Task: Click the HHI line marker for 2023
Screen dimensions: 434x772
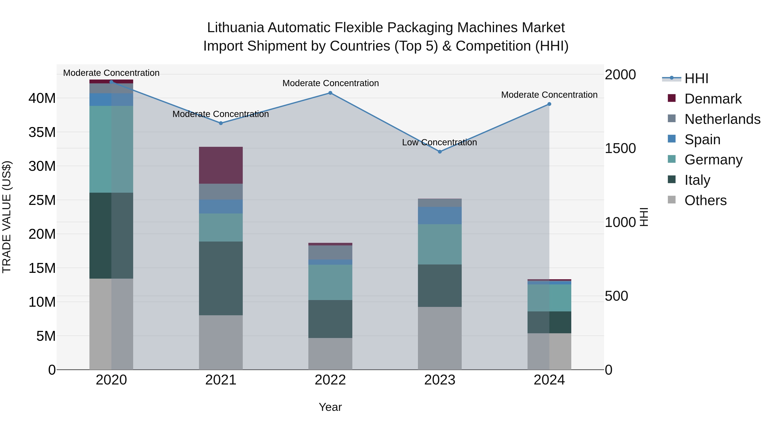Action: point(440,152)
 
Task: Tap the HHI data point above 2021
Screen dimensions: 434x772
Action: point(221,123)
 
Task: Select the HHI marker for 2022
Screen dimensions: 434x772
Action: point(330,93)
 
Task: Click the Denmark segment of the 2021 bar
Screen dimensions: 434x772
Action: point(221,165)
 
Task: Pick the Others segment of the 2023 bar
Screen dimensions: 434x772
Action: point(440,338)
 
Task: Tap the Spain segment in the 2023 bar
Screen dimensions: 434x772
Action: point(440,215)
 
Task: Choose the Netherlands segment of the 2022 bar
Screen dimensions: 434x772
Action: point(330,252)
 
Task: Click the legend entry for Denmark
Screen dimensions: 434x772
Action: point(713,99)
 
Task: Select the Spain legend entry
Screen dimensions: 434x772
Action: point(702,140)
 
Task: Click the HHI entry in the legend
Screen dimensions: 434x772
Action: point(696,78)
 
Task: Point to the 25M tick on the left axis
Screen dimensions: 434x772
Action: point(42,200)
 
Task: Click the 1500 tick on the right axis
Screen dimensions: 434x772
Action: point(620,148)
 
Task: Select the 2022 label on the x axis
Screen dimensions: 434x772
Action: point(330,380)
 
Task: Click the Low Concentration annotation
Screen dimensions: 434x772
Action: point(439,142)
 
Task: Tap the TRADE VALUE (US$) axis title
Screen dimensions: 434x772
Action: point(7,217)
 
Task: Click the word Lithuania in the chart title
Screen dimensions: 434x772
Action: point(235,28)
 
